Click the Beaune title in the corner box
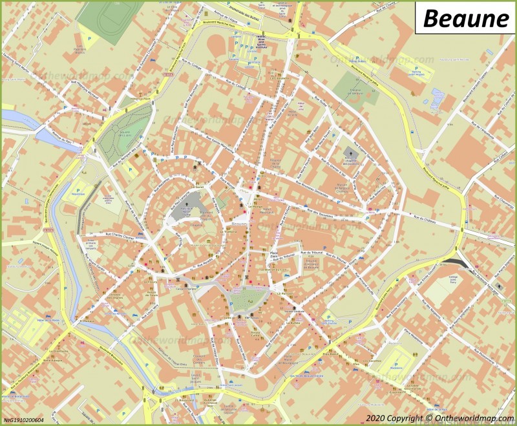(465, 19)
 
